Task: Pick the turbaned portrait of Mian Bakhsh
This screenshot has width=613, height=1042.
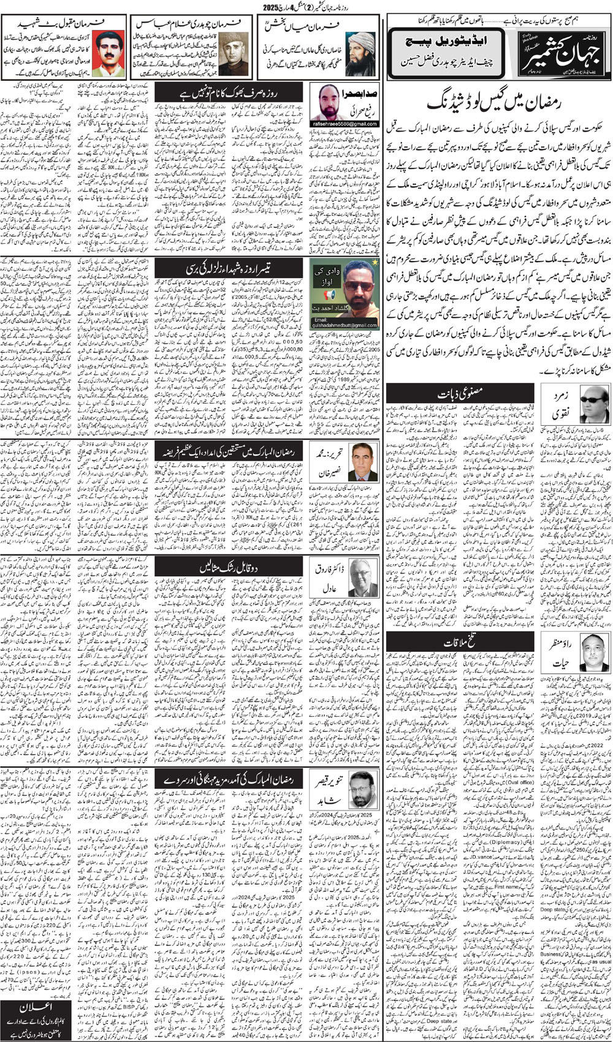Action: [x=360, y=53]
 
